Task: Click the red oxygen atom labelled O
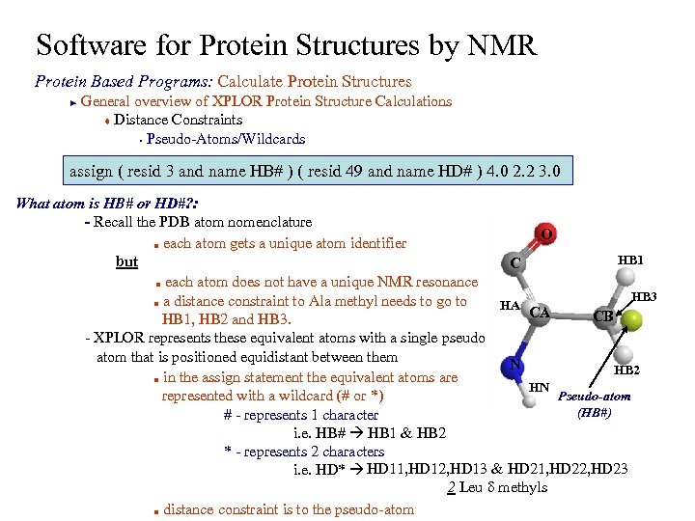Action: [546, 234]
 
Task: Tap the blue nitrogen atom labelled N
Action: [515, 366]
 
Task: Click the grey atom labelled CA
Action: [541, 312]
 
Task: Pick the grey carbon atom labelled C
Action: [517, 262]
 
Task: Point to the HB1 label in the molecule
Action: [631, 260]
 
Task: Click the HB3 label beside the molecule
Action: [644, 298]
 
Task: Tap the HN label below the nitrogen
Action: [540, 387]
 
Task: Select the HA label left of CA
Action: [511, 306]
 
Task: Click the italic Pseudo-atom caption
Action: [595, 397]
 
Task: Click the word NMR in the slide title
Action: [491, 45]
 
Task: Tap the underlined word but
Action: [126, 262]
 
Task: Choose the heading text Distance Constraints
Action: [178, 120]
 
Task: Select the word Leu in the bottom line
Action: [470, 487]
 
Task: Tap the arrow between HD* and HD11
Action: [356, 470]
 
